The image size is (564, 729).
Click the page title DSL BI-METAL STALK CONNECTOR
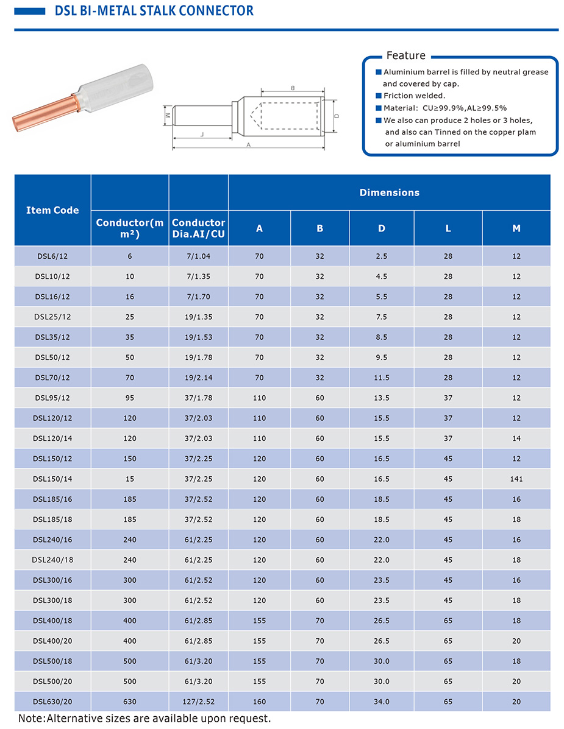[x=154, y=11]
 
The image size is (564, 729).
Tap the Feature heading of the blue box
[x=405, y=56]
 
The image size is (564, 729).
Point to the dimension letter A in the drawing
[x=248, y=145]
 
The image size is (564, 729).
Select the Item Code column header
[x=52, y=210]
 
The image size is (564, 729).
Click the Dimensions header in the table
[x=389, y=192]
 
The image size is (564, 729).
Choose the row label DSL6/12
[x=52, y=256]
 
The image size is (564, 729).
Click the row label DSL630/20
[x=52, y=702]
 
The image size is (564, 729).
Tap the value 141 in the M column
[x=516, y=479]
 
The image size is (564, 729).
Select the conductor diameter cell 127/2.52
[x=198, y=702]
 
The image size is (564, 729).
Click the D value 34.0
[x=382, y=702]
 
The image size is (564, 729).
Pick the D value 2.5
[x=382, y=256]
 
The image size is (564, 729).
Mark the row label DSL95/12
[x=52, y=398]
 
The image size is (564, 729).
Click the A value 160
[x=259, y=702]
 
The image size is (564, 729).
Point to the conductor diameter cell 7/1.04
[x=198, y=256]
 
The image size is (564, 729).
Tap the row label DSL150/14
[x=52, y=479]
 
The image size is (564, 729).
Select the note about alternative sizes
[x=145, y=719]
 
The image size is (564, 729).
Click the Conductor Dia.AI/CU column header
[x=198, y=228]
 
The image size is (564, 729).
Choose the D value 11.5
[x=382, y=378]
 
